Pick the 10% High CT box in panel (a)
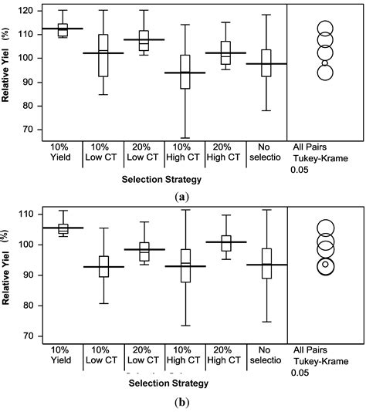[185, 72]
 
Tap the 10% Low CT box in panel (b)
[103, 265]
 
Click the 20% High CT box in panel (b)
[225, 242]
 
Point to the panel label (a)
[182, 196]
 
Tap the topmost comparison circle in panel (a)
[325, 29]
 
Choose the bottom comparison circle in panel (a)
[325, 73]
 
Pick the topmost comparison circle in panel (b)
[325, 228]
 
